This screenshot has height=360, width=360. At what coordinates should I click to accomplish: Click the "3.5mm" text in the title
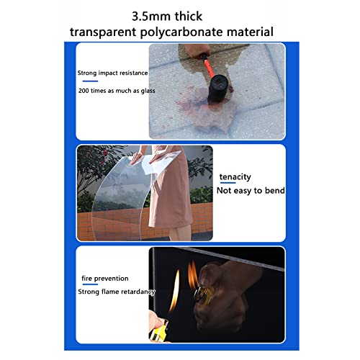(x=151, y=17)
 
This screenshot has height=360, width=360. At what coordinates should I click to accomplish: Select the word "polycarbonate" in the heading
(x=181, y=32)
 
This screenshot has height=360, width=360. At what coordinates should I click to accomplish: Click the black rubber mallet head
(x=219, y=88)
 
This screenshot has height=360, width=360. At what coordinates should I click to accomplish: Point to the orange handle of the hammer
(x=208, y=66)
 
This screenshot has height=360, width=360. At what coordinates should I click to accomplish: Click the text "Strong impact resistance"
(x=112, y=73)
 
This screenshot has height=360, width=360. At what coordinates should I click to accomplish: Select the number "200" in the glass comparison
(x=84, y=91)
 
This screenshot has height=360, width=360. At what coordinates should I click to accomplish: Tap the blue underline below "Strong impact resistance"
(x=90, y=81)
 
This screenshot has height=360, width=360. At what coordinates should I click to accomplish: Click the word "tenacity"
(x=235, y=177)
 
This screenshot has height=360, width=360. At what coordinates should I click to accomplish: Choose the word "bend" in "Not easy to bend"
(x=275, y=190)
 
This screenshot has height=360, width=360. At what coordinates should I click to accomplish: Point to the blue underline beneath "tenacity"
(x=228, y=183)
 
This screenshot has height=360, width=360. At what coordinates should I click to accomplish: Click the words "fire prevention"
(x=105, y=279)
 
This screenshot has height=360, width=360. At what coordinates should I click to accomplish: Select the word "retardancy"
(x=140, y=292)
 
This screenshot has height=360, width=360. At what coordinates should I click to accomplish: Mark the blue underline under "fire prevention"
(x=90, y=284)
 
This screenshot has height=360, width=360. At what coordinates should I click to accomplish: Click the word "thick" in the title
(x=189, y=17)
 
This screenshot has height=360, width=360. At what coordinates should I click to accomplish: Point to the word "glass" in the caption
(x=148, y=91)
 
